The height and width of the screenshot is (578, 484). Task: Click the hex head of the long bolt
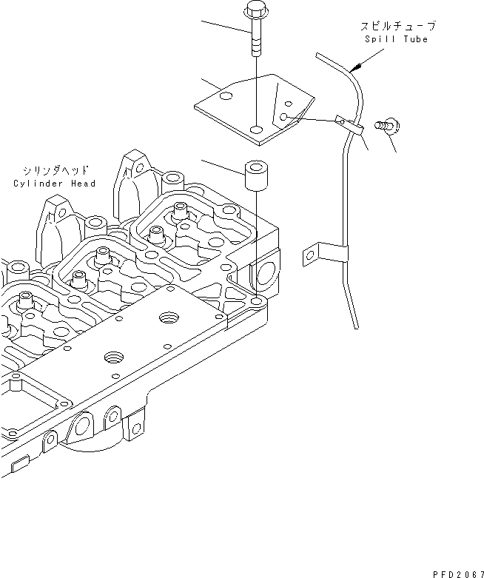(x=254, y=13)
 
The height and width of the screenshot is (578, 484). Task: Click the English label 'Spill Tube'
(x=396, y=39)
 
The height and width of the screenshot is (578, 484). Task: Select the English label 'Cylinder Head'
(x=55, y=183)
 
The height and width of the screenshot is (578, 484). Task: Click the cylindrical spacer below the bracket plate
(x=256, y=178)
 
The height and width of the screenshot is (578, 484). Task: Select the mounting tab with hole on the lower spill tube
(x=310, y=256)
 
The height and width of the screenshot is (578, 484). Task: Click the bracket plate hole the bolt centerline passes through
(x=255, y=130)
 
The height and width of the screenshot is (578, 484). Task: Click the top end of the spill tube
(x=317, y=54)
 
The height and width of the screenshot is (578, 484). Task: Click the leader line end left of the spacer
(x=202, y=160)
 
